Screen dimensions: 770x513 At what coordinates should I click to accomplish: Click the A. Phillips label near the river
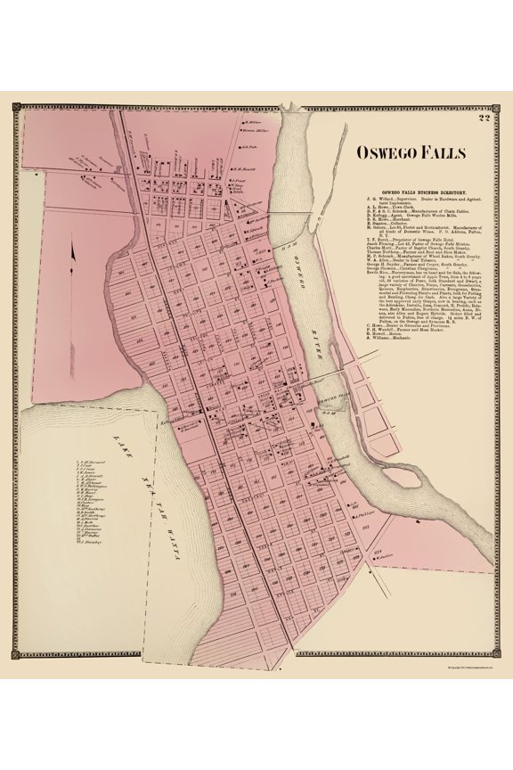pos(360,514)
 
